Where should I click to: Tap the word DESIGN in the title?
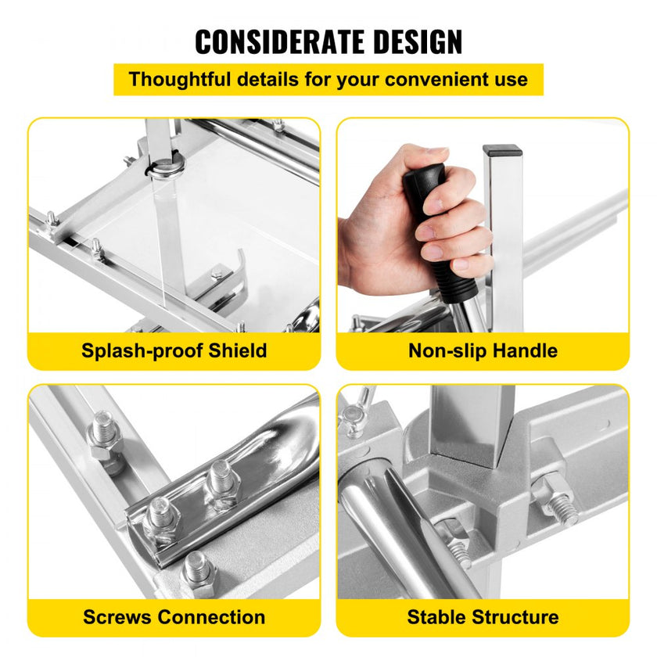[x=418, y=42]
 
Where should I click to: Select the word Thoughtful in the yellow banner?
[x=180, y=79]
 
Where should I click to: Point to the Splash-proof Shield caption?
[x=174, y=350]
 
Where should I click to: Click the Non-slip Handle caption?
[x=483, y=350]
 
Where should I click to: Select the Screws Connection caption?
[x=174, y=617]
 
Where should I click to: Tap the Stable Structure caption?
[x=483, y=617]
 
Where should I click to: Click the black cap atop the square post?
[x=502, y=150]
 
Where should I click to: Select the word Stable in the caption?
[x=436, y=617]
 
